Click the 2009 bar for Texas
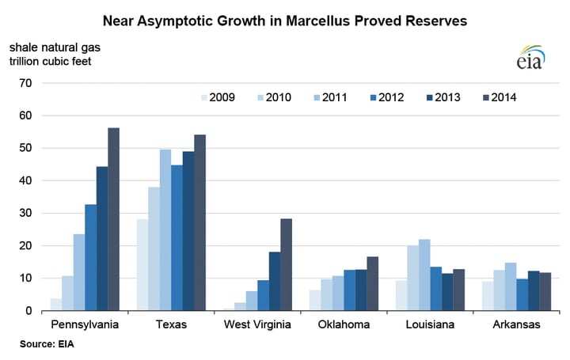point(142,265)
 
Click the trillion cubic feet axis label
point(51,62)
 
